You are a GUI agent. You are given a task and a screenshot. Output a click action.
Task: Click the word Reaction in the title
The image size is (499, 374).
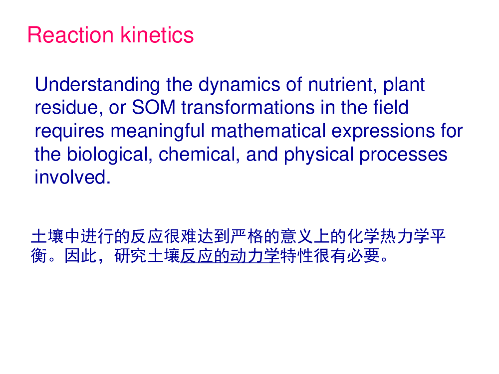tap(70, 35)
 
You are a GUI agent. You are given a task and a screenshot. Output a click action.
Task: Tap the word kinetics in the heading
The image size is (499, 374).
tap(157, 35)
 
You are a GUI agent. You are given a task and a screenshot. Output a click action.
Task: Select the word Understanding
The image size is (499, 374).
tap(97, 85)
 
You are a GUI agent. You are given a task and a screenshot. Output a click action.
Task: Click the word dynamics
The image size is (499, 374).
tap(239, 85)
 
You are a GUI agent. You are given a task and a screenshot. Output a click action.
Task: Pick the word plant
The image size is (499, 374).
tap(404, 85)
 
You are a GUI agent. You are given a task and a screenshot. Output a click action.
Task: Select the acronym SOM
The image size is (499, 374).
tap(154, 107)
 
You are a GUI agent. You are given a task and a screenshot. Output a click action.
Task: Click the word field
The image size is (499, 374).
tap(391, 107)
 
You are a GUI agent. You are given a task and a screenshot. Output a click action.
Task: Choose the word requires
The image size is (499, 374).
tap(69, 131)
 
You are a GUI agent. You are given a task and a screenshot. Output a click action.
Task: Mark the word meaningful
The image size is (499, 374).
tap(158, 131)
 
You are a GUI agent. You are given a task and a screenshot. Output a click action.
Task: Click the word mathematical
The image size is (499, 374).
tap(268, 131)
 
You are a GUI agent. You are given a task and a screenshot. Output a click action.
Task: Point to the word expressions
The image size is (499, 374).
tap(383, 131)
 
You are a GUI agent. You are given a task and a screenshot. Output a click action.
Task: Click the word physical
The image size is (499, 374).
tap(318, 155)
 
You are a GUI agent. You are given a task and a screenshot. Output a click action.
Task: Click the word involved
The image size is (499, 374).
tap(72, 177)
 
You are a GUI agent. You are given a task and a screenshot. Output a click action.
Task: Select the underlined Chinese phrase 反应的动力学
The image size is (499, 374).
tap(230, 256)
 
